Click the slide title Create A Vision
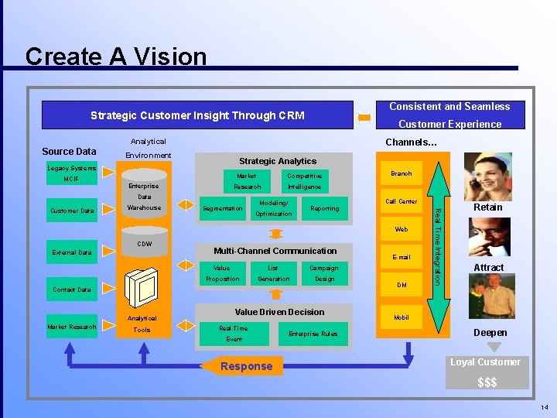click(x=116, y=57)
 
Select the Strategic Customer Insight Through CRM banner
click(x=197, y=115)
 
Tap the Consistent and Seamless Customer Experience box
click(x=449, y=115)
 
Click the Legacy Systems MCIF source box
click(x=71, y=173)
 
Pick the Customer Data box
click(x=71, y=211)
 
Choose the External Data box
click(x=71, y=252)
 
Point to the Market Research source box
click(x=71, y=327)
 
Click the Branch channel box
click(x=401, y=174)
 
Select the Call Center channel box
click(x=401, y=201)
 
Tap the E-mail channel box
click(x=401, y=257)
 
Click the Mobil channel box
click(x=401, y=317)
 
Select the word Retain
click(x=488, y=207)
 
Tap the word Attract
click(x=488, y=268)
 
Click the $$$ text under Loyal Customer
click(x=487, y=382)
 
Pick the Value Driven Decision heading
click(x=279, y=312)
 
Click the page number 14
click(x=545, y=407)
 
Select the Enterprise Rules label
click(x=313, y=333)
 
